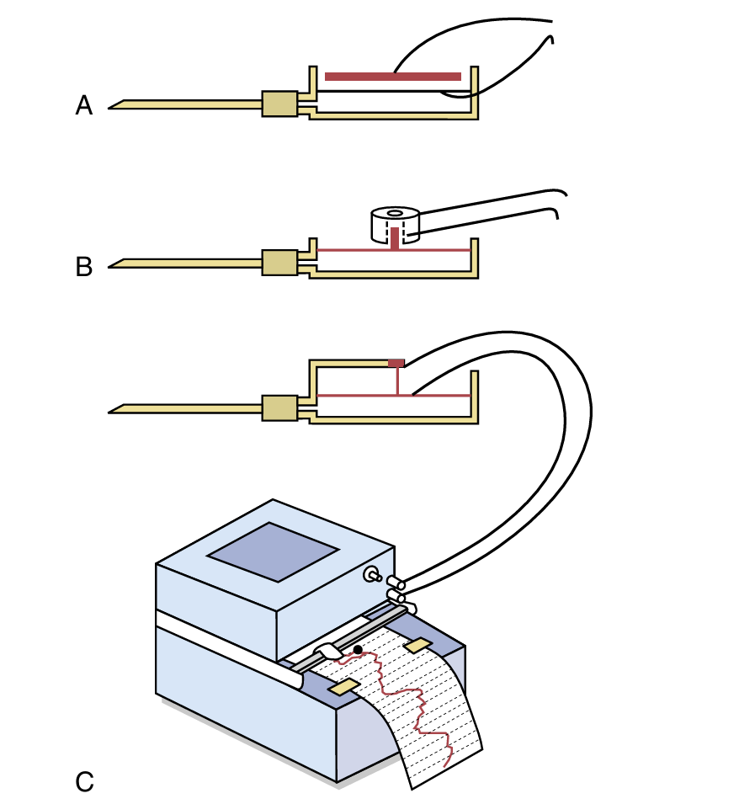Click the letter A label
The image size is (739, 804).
coord(84,106)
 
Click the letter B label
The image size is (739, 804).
coord(84,268)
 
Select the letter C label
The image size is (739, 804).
coord(84,782)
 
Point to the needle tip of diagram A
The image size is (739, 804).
coord(113,106)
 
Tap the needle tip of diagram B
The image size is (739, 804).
coord(113,267)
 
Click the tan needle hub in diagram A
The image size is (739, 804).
coord(279,104)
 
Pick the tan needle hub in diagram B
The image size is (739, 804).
coord(279,263)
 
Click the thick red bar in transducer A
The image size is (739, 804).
coord(392,77)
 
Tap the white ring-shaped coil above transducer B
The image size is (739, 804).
coord(394,222)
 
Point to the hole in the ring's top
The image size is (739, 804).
coord(394,213)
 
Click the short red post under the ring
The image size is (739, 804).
coord(395,238)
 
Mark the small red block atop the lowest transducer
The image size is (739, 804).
coord(396,363)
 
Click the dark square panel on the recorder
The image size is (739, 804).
coord(274,551)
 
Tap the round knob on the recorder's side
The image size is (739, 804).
coord(369,575)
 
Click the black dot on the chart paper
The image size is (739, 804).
coord(359,649)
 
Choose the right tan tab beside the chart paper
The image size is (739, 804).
coord(417,645)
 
